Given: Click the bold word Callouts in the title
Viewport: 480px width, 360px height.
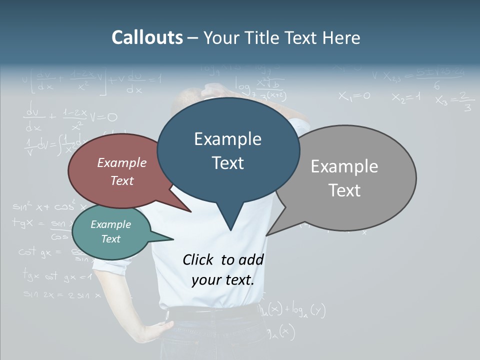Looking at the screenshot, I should pos(147,37).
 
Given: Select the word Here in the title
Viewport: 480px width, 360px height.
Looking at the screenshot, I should pos(341,38).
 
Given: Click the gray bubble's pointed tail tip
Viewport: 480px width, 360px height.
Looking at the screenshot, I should pos(266,235).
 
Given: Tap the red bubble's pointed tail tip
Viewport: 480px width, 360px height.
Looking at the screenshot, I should pos(190,211).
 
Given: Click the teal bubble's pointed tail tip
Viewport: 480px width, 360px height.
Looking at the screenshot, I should pos(173,239).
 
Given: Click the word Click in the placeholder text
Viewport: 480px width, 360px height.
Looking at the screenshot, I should pos(199,259).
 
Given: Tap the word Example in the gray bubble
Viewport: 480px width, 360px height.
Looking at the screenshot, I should pos(344,166).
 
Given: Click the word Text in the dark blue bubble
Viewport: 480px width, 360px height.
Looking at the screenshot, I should pos(228,163).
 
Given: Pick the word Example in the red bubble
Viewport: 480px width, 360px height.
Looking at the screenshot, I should pos(122,163).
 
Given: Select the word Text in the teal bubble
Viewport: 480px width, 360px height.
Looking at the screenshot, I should pos(111,239).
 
